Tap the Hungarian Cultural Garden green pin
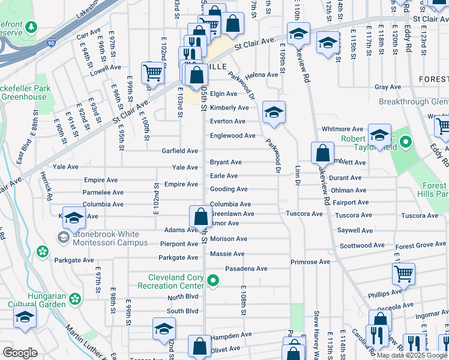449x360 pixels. tap(75, 298)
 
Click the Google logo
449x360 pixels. tap(20, 353)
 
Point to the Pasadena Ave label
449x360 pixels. tap(246, 269)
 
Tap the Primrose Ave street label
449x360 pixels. tap(310, 262)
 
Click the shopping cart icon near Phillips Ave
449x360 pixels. tap(403, 274)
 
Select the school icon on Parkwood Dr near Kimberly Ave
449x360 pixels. tap(274, 113)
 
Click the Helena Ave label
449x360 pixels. tap(264, 75)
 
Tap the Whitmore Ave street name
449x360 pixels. tap(342, 129)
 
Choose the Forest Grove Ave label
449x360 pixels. tap(421, 245)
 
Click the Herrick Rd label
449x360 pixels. tap(47, 193)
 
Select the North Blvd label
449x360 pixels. tap(182, 298)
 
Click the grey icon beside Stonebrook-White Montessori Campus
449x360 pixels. tap(63, 238)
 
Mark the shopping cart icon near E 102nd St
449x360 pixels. tap(152, 73)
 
